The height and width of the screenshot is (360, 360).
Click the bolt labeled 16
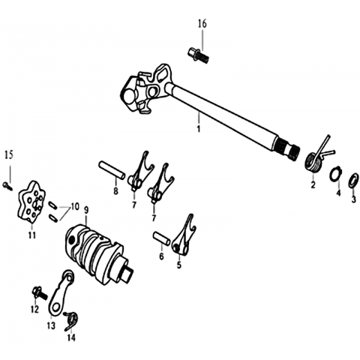pos(198,55)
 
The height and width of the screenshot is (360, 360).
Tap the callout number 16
pos(202,24)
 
